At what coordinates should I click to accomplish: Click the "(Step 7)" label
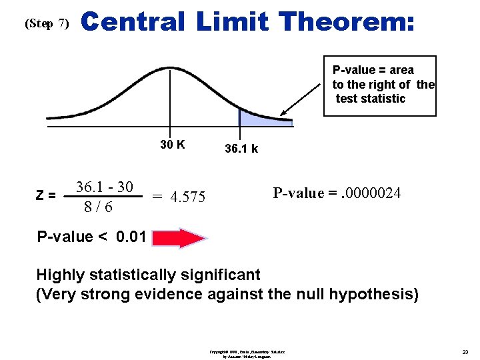click(x=46, y=24)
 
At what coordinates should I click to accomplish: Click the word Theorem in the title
click(x=347, y=22)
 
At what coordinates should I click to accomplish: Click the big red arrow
click(x=181, y=238)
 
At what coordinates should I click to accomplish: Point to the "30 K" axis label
click(x=173, y=145)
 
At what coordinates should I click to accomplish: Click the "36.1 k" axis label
click(x=241, y=149)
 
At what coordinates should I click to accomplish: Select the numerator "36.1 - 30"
click(x=104, y=187)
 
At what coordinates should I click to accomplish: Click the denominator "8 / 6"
click(x=98, y=207)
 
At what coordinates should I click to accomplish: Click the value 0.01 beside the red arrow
click(x=131, y=237)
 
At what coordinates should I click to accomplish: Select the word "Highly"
click(x=61, y=275)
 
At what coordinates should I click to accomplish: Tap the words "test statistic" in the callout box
click(x=371, y=99)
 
